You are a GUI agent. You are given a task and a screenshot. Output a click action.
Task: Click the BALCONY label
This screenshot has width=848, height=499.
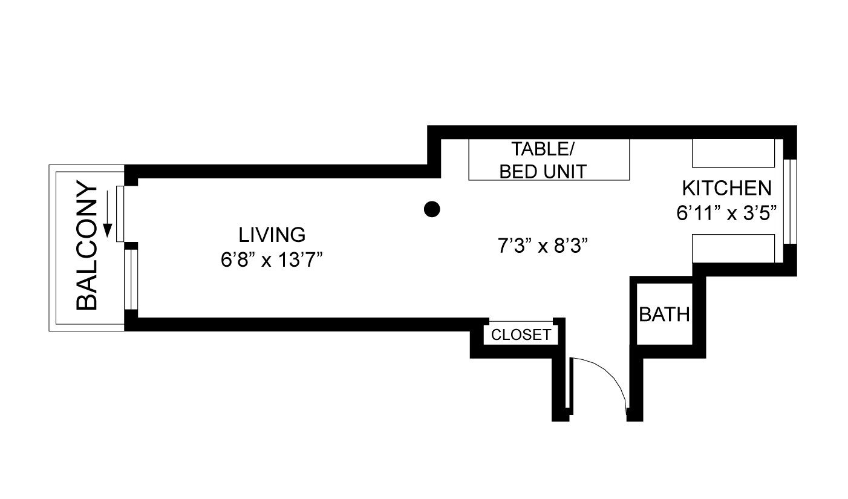87,246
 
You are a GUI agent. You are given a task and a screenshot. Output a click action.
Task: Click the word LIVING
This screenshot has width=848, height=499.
272,234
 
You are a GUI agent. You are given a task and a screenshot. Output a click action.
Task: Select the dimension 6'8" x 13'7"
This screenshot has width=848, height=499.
272,260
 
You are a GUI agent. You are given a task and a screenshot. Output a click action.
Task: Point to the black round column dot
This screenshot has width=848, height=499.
431,209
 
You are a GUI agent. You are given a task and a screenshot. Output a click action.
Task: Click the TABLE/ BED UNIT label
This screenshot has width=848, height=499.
543,160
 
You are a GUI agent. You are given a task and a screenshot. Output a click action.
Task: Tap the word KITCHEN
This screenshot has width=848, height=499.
726,188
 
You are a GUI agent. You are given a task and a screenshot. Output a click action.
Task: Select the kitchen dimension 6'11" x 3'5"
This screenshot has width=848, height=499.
726,214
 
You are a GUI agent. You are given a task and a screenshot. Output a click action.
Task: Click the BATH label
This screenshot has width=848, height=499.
664,315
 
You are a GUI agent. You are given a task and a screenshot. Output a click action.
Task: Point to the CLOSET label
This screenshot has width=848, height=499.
521,334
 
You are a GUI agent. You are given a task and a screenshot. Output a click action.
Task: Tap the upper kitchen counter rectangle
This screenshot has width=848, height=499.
733,153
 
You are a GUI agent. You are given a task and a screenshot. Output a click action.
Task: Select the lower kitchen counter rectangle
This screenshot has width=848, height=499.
733,249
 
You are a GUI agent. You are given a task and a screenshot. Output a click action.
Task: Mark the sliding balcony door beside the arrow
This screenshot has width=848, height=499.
120,213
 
